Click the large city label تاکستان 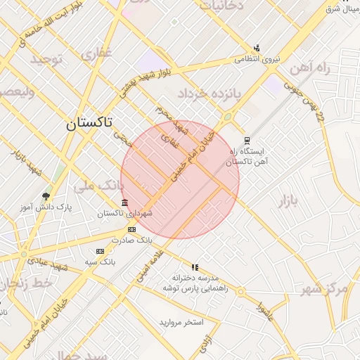point(89,124)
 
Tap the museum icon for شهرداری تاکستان point(124,204)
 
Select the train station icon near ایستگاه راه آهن point(246,141)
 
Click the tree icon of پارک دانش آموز point(46,197)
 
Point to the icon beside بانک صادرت point(131,229)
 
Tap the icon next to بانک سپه point(100,251)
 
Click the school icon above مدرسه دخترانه point(195,267)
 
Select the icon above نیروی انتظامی point(257,49)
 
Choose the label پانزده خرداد point(209,93)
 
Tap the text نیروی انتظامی point(257,59)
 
